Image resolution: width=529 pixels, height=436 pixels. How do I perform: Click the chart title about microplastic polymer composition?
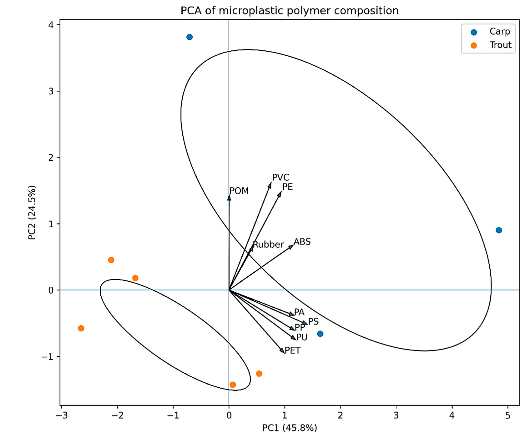click(290, 11)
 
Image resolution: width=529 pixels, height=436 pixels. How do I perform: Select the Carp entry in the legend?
click(499, 31)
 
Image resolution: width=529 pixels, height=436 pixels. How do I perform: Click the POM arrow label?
click(239, 191)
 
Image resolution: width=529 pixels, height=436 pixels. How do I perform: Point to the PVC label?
click(281, 178)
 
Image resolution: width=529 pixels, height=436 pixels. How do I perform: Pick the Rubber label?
click(268, 244)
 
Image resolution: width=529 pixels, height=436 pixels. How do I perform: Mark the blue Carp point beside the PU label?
click(320, 334)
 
